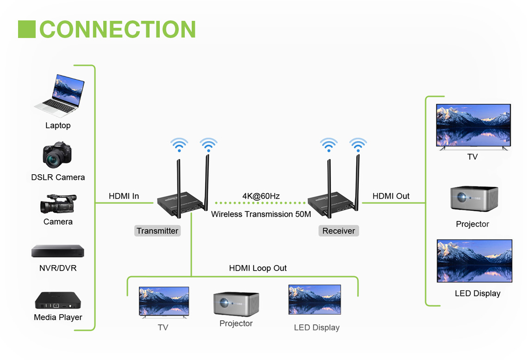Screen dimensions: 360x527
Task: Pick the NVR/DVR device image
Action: click(x=57, y=251)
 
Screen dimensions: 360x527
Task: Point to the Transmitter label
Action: click(x=157, y=231)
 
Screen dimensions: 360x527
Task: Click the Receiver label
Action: click(x=339, y=231)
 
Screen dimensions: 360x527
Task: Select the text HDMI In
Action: click(x=124, y=196)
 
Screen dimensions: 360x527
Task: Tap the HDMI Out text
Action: click(x=391, y=196)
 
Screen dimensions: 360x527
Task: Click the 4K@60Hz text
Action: click(x=261, y=196)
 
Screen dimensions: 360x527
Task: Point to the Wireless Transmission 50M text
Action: click(x=261, y=214)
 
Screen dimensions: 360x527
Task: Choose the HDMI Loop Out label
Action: click(x=257, y=268)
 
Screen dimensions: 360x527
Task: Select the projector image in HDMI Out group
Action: click(x=473, y=199)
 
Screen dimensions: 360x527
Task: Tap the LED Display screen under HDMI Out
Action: click(x=474, y=261)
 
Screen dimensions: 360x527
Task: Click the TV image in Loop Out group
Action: click(x=164, y=302)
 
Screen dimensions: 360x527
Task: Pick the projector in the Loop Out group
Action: click(x=236, y=303)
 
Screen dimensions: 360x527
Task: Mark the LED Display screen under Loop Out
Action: click(x=314, y=300)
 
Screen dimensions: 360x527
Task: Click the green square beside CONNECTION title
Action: click(x=27, y=29)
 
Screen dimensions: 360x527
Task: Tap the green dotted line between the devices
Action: click(x=261, y=203)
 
